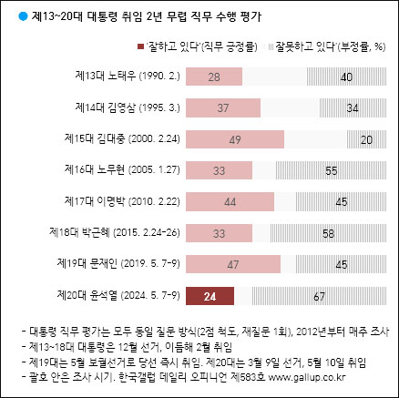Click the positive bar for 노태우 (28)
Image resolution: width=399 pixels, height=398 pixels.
pos(212,78)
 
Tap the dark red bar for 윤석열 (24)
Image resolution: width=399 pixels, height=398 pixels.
pos(209,295)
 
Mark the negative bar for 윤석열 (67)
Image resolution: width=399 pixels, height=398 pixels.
pos(319,295)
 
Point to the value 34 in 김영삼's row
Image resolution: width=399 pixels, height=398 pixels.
pos(353,109)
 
